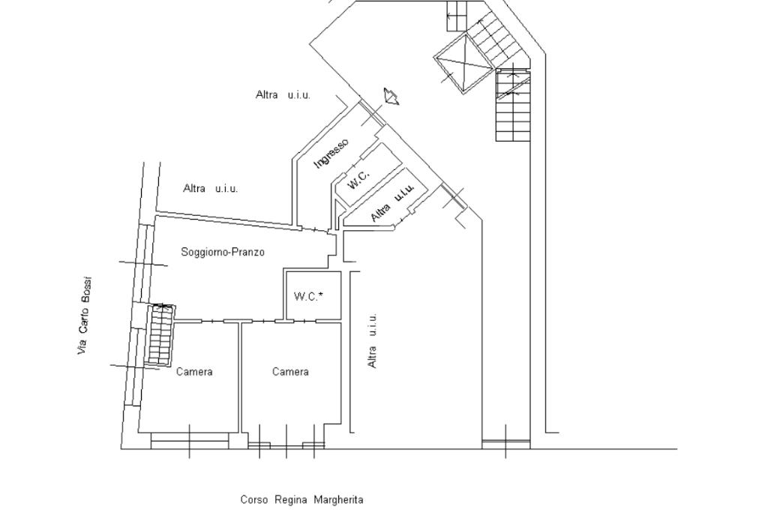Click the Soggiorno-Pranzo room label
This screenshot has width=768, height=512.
223,252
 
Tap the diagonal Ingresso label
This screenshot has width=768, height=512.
331,153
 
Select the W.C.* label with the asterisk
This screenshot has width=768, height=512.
308,296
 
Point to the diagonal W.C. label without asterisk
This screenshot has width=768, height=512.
358,178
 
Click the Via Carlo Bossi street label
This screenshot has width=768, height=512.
84,316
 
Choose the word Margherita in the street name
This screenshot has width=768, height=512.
338,500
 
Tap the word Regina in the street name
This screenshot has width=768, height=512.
291,500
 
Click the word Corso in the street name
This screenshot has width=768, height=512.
254,500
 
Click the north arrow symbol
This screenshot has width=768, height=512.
391,96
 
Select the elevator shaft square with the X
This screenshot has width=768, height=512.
463,63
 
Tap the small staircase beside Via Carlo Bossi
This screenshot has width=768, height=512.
160,335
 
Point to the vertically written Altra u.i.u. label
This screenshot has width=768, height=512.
372,340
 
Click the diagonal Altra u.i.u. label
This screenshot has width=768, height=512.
392,202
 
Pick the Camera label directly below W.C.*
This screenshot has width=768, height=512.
290,372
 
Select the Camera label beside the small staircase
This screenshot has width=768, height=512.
194,372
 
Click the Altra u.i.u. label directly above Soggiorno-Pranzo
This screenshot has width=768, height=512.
211,188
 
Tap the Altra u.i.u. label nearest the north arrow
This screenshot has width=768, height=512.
283,94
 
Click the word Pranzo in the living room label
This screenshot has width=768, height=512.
249,252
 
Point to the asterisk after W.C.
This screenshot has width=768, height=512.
321,295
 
